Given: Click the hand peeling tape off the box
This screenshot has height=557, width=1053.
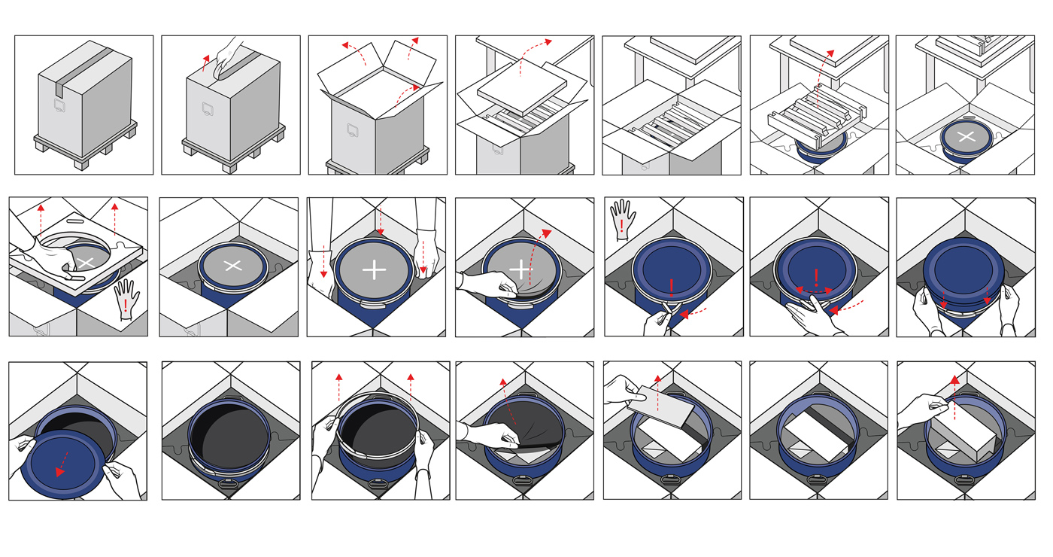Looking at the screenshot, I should point(229,57).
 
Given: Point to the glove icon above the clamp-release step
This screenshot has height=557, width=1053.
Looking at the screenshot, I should point(623,218).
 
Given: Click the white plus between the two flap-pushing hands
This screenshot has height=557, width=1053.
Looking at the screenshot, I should point(374,270).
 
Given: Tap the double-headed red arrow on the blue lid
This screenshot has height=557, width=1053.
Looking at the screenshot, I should point(815,291).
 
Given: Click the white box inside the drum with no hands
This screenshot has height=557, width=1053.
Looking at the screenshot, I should point(815,436).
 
